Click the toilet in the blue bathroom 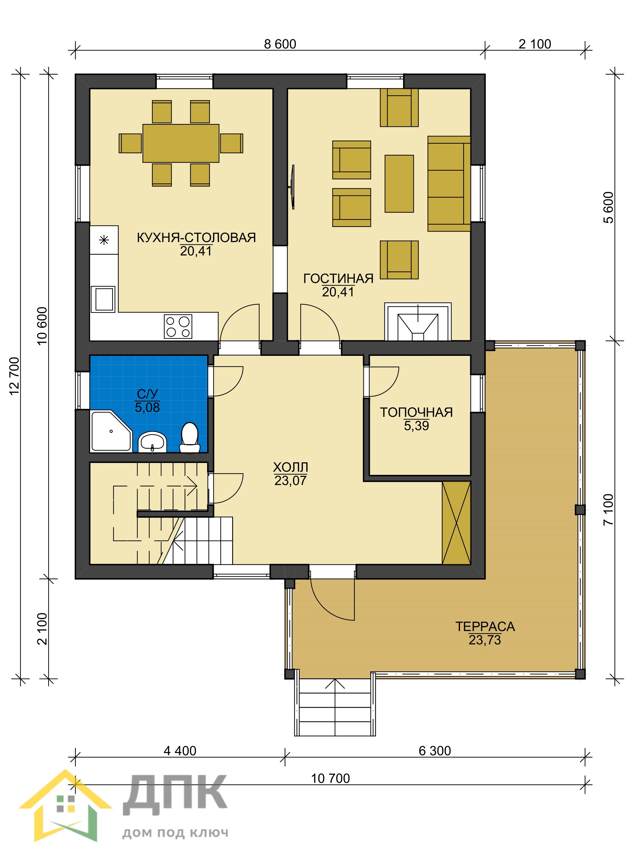tap(190, 438)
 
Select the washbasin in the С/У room tap(152, 442)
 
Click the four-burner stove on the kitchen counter tap(178, 327)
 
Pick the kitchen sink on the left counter tap(103, 299)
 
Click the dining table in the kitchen tap(181, 143)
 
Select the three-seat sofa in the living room tap(449, 184)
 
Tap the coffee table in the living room tap(399, 184)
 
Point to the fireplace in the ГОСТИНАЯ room tap(418, 322)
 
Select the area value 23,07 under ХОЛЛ tap(290, 481)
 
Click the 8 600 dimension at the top tap(280, 44)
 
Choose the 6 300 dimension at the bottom tap(435, 751)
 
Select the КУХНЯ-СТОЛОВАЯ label tap(196, 237)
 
